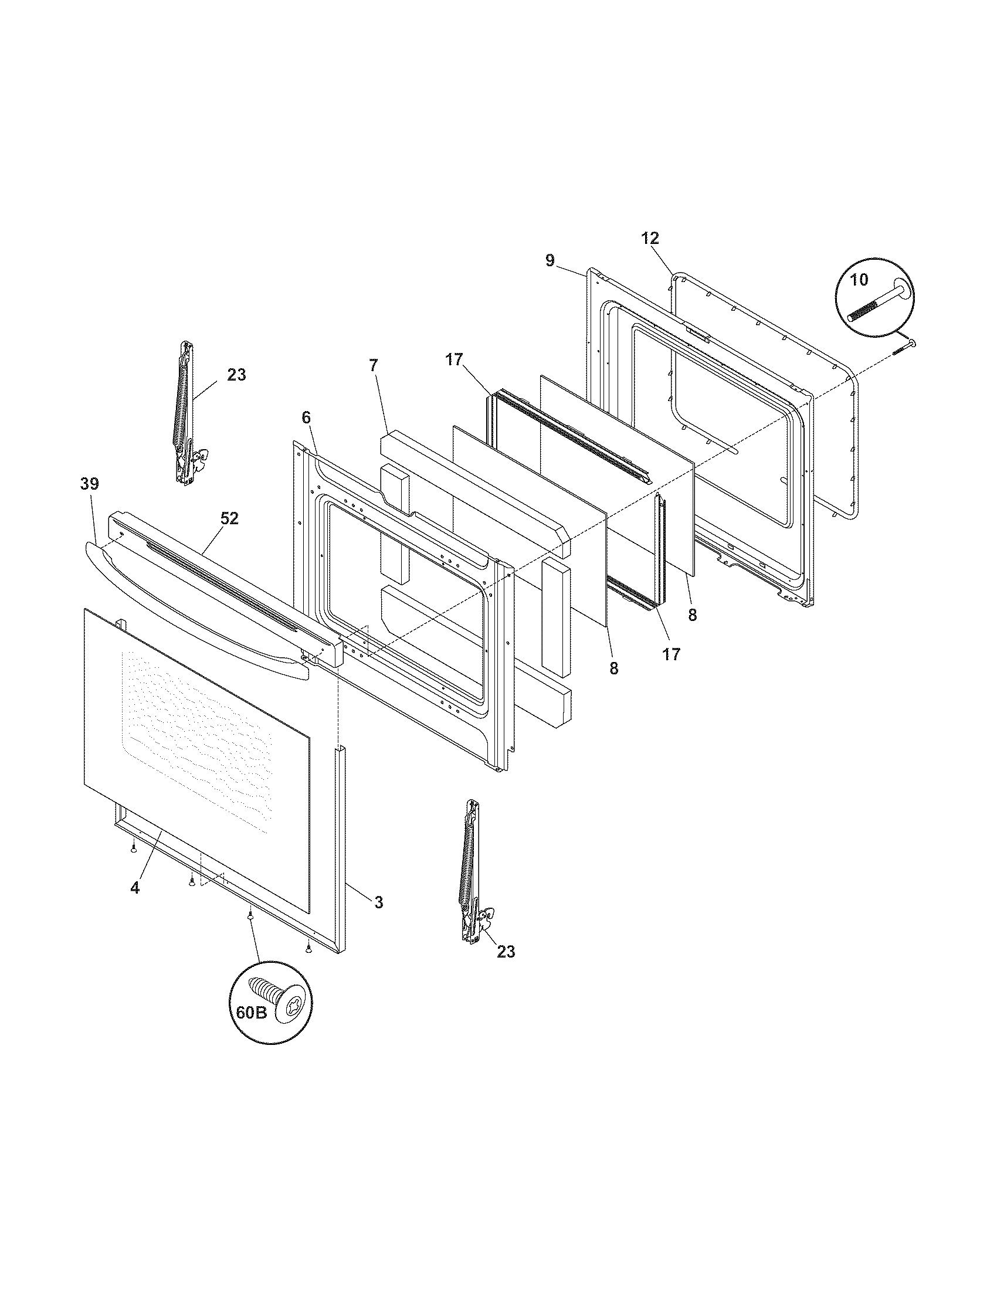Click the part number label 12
point(650,239)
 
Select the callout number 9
point(550,260)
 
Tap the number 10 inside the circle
point(859,280)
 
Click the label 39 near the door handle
point(90,484)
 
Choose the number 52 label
point(229,518)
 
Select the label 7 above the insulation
point(372,366)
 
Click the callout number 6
point(306,417)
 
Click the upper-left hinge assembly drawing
point(186,413)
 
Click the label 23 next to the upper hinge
point(236,375)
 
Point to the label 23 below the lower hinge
point(506,952)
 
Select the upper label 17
point(453,359)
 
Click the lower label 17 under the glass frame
point(671,654)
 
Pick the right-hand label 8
point(692,615)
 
